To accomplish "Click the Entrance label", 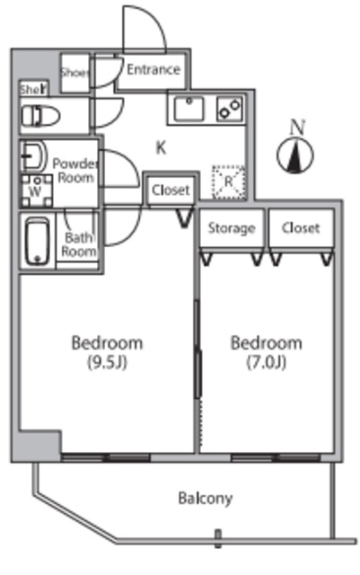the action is [x=154, y=69].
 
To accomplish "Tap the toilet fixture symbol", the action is [x=40, y=116].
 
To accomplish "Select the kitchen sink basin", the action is [x=189, y=109].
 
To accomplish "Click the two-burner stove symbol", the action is [x=230, y=109].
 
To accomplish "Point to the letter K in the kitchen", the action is [x=161, y=147].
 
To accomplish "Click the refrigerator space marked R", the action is [x=229, y=182].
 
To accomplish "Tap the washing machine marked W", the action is [x=36, y=190].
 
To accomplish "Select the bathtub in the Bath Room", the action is [x=38, y=241].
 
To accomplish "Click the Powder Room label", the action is [x=75, y=171].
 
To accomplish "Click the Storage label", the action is [x=232, y=228].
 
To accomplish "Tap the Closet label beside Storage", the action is [x=301, y=227].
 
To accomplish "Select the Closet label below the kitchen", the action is [x=171, y=190].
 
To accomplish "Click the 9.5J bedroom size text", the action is [x=107, y=363].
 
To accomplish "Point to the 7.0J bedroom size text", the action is [x=266, y=363].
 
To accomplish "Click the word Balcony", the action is [x=206, y=499].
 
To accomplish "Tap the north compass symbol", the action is [x=295, y=155].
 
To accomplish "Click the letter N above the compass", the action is [x=297, y=128].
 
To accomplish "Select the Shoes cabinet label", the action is [x=75, y=73].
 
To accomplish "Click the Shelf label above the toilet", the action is [x=34, y=89].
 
